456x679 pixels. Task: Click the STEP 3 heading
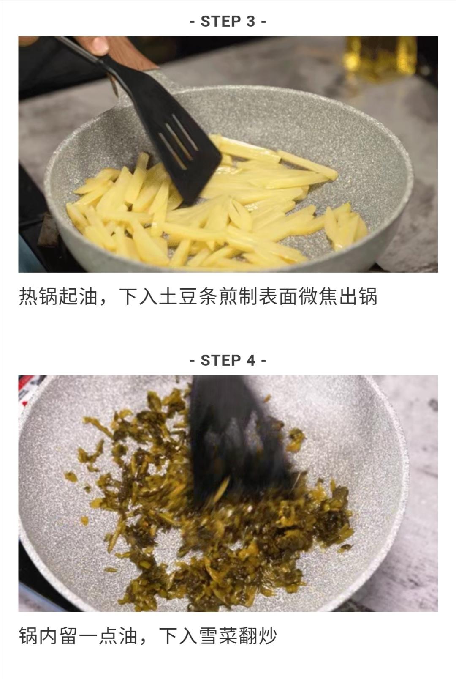click(x=228, y=21)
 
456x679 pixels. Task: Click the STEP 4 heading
click(x=228, y=361)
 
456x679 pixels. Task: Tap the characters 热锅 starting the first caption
click(x=39, y=297)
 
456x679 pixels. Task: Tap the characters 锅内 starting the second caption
click(x=39, y=636)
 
